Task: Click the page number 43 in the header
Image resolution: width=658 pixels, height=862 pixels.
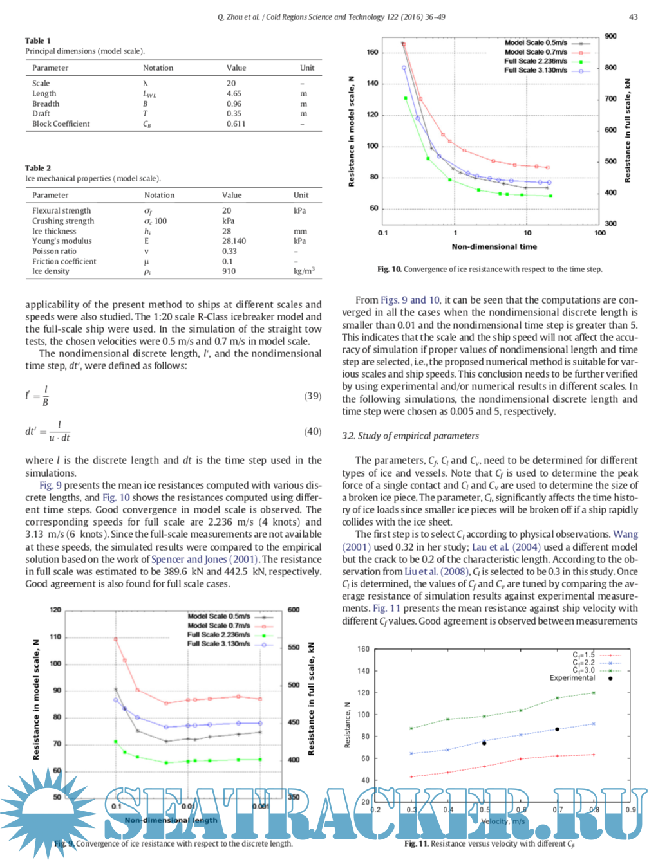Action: (633, 17)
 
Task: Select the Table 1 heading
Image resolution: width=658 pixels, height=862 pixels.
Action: (38, 41)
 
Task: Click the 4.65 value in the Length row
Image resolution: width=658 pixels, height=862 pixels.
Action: (234, 94)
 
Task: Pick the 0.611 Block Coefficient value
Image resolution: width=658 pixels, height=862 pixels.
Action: (236, 124)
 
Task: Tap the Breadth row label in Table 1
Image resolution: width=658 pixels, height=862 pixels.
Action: (46, 104)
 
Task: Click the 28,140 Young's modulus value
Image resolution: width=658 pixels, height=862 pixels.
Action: (234, 241)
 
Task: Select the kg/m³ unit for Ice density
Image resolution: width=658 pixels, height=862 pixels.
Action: (304, 271)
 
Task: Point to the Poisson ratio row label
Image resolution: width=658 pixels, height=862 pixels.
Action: (54, 252)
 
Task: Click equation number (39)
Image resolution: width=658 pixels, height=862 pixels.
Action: (312, 396)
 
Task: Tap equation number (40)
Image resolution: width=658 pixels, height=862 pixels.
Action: (312, 432)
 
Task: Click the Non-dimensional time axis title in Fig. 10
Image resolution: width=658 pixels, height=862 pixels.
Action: (494, 246)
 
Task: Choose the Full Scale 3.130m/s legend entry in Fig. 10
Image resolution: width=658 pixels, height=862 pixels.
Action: (536, 70)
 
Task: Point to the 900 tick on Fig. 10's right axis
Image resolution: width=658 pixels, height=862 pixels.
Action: (610, 36)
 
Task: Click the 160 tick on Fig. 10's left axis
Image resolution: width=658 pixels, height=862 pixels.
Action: (372, 52)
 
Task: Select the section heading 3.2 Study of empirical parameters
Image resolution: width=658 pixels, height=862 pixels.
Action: (410, 436)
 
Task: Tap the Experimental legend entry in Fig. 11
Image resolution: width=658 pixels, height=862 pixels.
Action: (572, 678)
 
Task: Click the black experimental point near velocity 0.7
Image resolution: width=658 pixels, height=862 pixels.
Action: (557, 729)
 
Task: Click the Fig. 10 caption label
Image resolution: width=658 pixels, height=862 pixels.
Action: (389, 270)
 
